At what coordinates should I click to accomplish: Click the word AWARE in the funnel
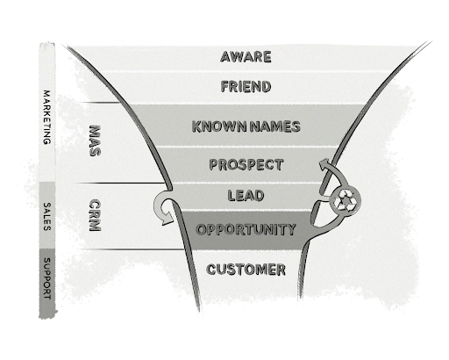point(246,57)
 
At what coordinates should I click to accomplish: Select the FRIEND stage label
point(246,87)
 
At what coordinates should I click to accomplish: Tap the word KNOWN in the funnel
point(219,126)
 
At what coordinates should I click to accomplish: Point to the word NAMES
point(275,126)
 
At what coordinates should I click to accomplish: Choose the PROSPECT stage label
point(246,164)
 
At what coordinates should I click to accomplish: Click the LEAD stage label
point(246,196)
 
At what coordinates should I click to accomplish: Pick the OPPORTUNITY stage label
point(246,229)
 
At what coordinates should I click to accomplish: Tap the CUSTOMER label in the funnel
point(246,270)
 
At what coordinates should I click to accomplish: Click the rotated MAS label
point(95,140)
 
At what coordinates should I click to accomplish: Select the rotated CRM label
point(95,215)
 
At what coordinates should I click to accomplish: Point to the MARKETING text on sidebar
point(46,117)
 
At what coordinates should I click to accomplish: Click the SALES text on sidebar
point(46,216)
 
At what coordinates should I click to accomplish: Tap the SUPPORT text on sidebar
point(46,278)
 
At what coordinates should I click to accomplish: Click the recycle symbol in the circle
point(346,201)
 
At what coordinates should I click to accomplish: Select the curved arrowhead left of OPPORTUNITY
point(167,219)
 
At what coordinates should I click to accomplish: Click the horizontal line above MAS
point(100,103)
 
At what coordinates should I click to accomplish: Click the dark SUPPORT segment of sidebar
point(47,284)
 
